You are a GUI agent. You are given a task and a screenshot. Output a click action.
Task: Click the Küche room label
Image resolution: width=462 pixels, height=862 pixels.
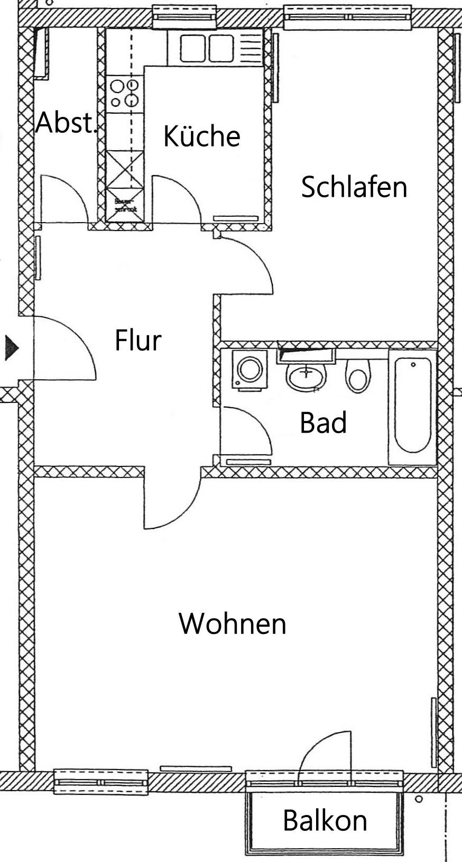pyautogui.click(x=201, y=136)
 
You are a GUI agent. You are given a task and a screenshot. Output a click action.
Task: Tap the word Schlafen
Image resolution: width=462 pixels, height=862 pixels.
pyautogui.click(x=354, y=187)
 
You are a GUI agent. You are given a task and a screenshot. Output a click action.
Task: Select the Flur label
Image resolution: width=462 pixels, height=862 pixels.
pyautogui.click(x=137, y=340)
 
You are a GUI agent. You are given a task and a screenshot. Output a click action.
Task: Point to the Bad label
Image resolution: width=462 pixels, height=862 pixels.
pyautogui.click(x=323, y=423)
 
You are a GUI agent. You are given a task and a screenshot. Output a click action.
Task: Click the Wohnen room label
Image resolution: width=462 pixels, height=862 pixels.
pyautogui.click(x=233, y=623)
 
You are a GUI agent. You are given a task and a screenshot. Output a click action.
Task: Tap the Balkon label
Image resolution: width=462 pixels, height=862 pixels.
pyautogui.click(x=325, y=820)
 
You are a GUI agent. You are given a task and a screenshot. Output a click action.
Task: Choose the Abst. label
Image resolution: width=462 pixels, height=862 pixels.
pyautogui.click(x=66, y=123)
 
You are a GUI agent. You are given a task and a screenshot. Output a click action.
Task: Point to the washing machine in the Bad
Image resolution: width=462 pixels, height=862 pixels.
pyautogui.click(x=249, y=369)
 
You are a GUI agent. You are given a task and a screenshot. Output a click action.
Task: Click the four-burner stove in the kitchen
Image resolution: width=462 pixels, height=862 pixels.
pyautogui.click(x=125, y=93)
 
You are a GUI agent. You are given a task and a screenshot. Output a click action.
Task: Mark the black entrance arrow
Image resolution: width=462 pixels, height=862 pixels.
pyautogui.click(x=11, y=347)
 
